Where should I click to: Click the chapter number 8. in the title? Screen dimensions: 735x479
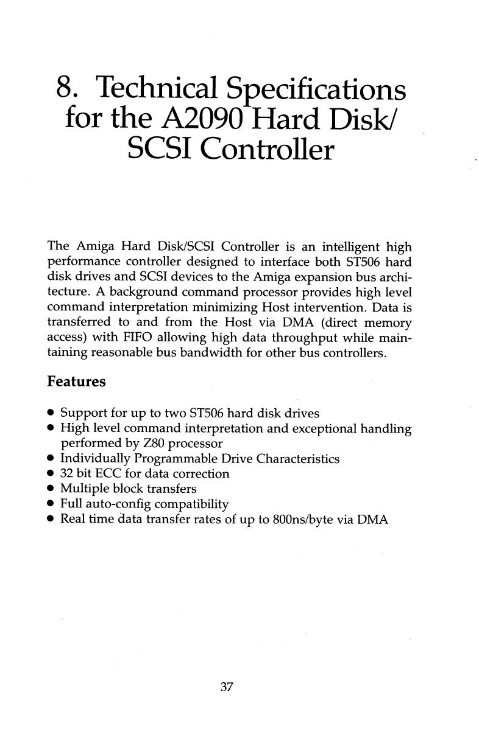tap(69, 89)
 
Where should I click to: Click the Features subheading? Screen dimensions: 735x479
tap(76, 383)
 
